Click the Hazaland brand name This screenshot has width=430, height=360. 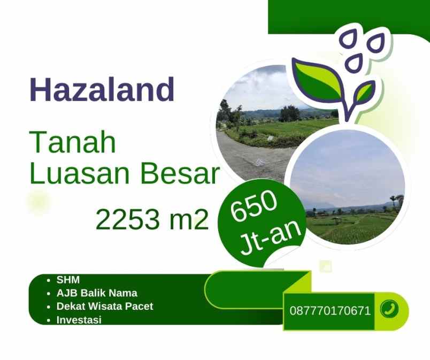[102, 90]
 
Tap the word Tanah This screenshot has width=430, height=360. [73, 143]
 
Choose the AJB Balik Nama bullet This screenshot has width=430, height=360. [97, 293]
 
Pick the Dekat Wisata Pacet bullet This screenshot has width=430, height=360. [105, 307]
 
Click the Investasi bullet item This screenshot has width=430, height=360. [79, 320]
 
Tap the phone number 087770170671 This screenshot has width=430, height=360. [330, 310]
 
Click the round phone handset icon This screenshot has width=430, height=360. [389, 309]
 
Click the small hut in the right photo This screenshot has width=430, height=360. [336, 220]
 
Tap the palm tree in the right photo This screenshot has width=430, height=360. [397, 201]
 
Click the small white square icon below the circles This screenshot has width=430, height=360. [326, 266]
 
